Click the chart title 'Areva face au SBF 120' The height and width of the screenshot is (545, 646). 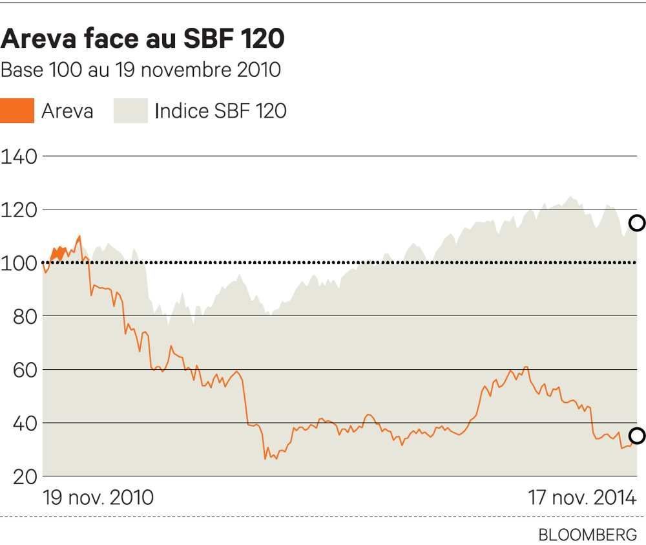pos(143,39)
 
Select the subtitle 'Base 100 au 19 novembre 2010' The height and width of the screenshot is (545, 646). pos(141,70)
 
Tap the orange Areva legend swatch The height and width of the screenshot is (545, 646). pos(17,111)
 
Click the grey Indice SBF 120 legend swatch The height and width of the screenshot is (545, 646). pos(131,111)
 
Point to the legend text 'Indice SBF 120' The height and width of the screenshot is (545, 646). pos(220,111)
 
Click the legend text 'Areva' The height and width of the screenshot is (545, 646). pos(67,111)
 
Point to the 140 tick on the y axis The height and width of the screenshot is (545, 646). pos(19,156)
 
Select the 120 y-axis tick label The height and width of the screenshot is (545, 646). pos(19,210)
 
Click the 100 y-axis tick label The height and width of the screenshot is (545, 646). pos(19,263)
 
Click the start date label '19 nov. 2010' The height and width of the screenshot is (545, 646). pos(98,498)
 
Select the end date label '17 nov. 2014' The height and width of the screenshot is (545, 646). pos(582,498)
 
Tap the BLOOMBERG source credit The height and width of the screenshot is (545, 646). pos(587,535)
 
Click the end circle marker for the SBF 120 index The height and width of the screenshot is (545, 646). pos(637,223)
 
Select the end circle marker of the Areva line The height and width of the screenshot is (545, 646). pos(637,436)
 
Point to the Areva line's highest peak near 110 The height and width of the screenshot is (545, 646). pos(79,236)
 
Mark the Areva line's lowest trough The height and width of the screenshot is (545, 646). pos(265,459)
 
